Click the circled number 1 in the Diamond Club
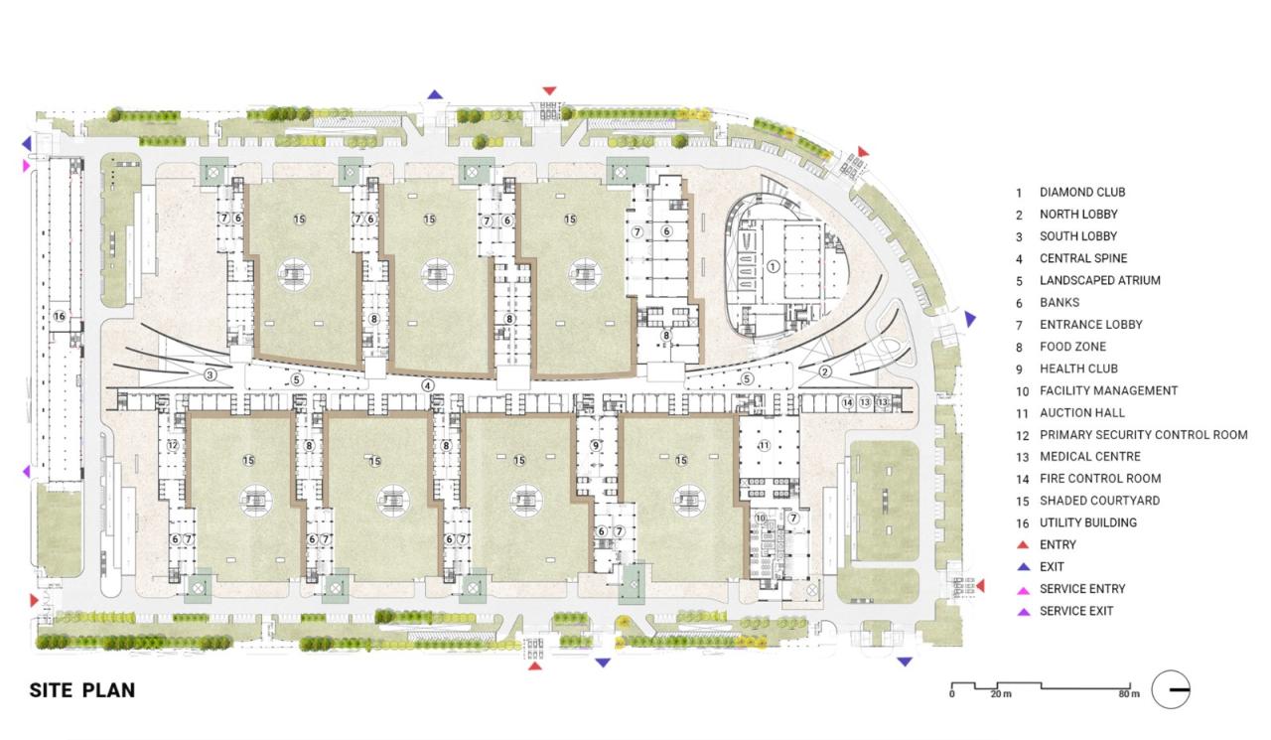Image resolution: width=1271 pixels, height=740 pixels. (x=773, y=266)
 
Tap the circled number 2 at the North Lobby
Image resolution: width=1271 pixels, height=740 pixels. (x=825, y=372)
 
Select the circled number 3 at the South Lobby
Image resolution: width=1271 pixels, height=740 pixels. (x=210, y=375)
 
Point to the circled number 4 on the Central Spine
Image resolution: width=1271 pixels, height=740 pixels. (x=428, y=385)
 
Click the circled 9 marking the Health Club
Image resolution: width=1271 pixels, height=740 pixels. (x=595, y=445)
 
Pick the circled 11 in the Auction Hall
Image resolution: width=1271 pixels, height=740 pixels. (x=765, y=445)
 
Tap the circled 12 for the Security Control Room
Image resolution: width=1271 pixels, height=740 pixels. (x=173, y=445)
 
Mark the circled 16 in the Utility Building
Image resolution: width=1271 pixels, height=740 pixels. (x=60, y=316)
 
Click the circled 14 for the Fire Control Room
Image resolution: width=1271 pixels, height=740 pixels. (x=847, y=402)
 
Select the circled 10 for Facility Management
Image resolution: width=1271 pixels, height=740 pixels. (x=761, y=518)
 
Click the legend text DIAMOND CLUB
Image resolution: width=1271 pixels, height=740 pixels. (x=1082, y=193)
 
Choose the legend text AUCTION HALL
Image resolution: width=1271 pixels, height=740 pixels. (x=1082, y=412)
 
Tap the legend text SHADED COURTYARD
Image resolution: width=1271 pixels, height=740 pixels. (x=1099, y=501)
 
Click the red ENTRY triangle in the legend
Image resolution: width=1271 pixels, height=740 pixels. (x=1023, y=544)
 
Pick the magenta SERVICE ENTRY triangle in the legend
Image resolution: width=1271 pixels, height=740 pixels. (x=1023, y=591)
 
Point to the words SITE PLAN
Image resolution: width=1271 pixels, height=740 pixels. (x=82, y=690)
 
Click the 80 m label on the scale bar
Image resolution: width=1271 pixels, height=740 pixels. (x=1129, y=694)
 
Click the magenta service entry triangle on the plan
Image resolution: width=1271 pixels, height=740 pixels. (x=26, y=166)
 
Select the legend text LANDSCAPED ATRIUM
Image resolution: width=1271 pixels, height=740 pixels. (x=1099, y=280)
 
